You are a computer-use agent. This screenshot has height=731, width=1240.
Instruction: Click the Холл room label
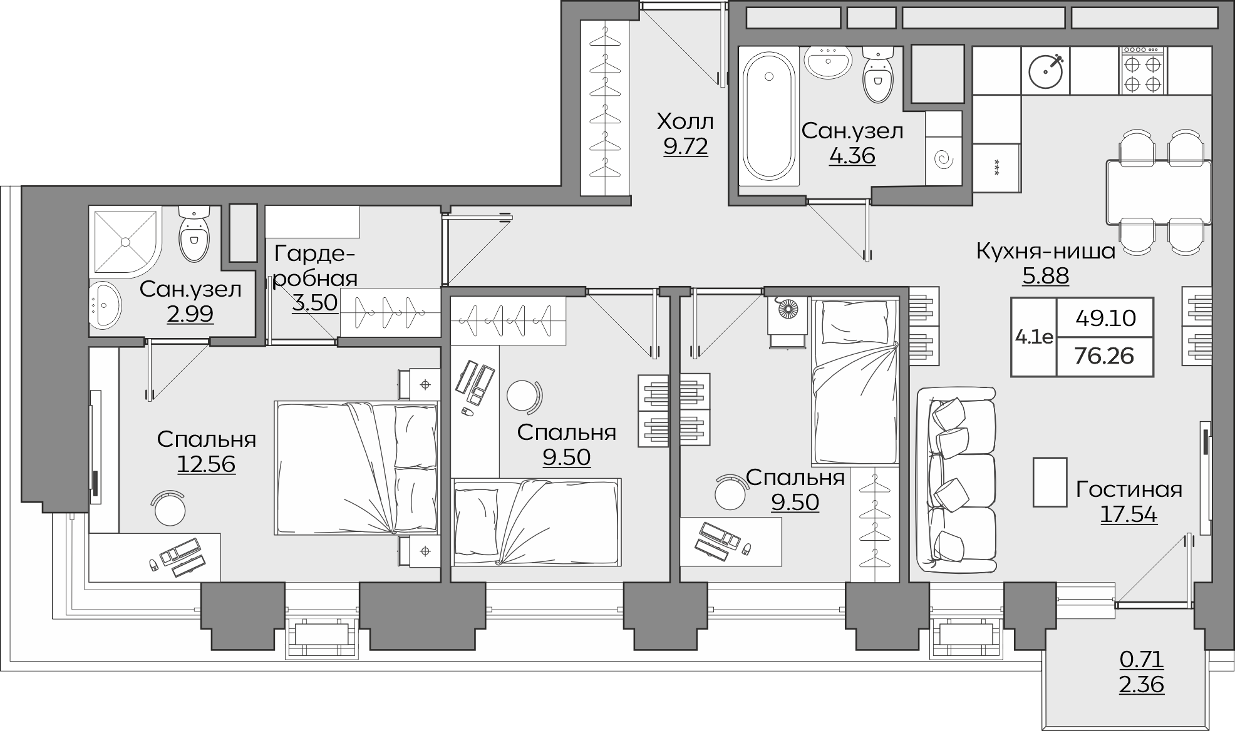click(x=685, y=121)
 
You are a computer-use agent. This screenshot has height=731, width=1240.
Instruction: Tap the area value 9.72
click(x=685, y=146)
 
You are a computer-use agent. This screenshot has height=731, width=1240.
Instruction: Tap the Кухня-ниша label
click(x=1046, y=252)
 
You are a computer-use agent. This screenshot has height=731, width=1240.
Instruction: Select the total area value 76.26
click(x=1105, y=355)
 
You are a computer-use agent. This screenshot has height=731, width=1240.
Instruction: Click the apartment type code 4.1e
click(x=1034, y=337)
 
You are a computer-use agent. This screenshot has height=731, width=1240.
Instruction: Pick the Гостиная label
click(x=1129, y=489)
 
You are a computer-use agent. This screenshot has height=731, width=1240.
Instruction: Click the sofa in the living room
click(x=956, y=479)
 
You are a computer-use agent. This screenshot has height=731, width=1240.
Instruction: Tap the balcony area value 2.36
click(x=1142, y=685)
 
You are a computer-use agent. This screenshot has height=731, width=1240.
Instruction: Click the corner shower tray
click(x=127, y=242)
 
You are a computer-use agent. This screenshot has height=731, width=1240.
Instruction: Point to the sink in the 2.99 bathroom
click(x=105, y=304)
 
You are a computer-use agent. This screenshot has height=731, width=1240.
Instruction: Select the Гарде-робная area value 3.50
click(x=315, y=303)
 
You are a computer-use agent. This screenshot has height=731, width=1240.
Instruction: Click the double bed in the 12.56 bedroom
click(x=356, y=468)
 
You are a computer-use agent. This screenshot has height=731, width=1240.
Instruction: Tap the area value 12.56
click(x=206, y=464)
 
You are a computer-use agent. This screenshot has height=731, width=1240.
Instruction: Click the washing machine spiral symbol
click(x=943, y=161)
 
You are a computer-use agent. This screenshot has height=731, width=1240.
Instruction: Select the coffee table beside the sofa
click(x=1050, y=482)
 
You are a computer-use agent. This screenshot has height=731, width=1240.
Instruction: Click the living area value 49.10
click(x=1105, y=319)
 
